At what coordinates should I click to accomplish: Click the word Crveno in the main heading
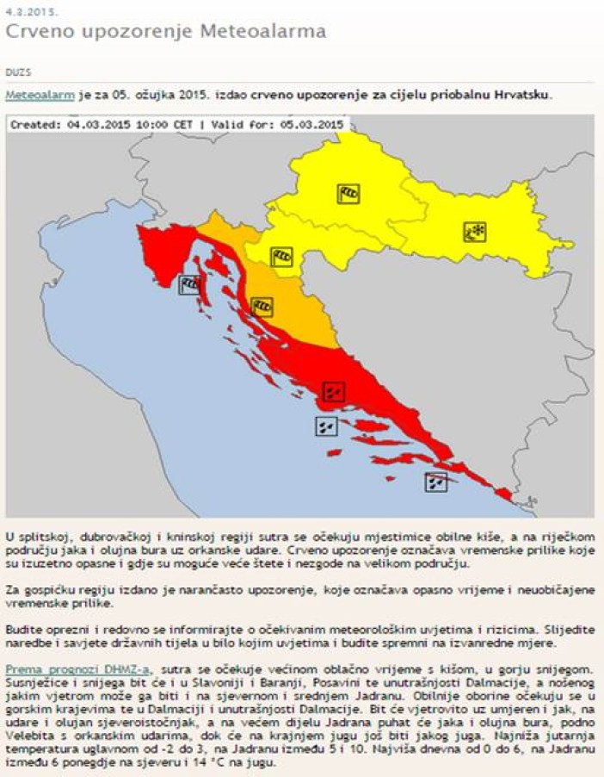tap(42, 33)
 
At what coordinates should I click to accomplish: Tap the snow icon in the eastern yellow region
tap(475, 231)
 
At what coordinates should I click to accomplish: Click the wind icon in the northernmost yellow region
tap(348, 193)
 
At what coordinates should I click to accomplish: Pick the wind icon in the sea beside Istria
tap(190, 285)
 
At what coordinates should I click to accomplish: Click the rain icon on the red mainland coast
tap(334, 392)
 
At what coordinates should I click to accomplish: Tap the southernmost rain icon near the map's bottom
tap(436, 482)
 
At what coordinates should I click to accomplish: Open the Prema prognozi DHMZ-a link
tap(77, 669)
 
